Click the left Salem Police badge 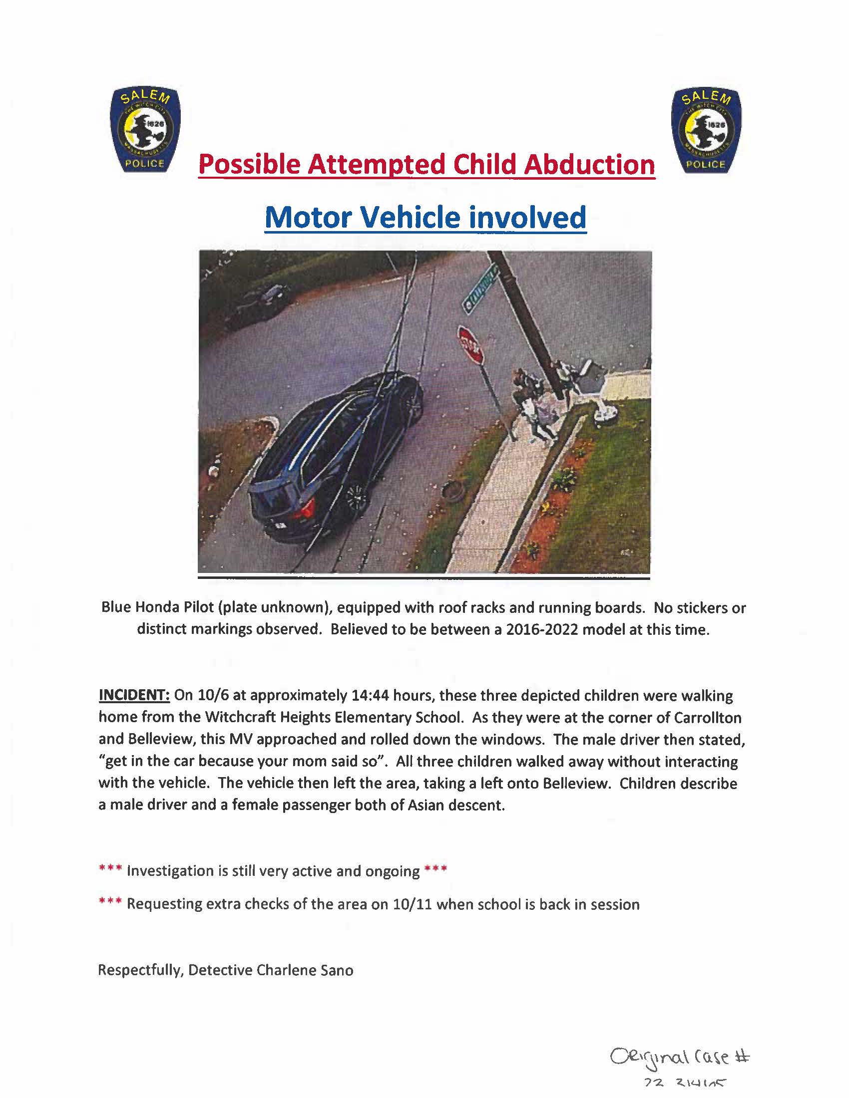click(145, 130)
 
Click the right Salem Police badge click(706, 131)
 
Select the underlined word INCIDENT click(134, 695)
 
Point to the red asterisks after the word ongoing click(435, 870)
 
